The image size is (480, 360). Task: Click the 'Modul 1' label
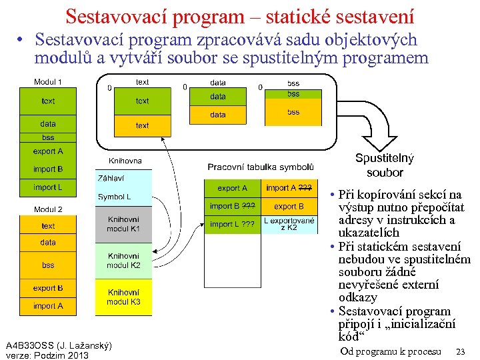[x=48, y=82]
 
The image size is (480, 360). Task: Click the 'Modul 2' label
[x=48, y=209]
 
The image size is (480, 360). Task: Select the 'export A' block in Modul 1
[x=48, y=151]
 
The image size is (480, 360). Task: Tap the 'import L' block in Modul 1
[x=48, y=187]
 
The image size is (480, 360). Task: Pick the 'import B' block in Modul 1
[x=48, y=169]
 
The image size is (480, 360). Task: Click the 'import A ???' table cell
[x=289, y=188]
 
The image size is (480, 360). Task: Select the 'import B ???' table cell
[x=232, y=206]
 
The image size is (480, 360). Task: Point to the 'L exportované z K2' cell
[x=289, y=224]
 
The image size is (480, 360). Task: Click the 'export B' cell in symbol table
[x=289, y=206]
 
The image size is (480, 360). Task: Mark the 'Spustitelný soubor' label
[x=385, y=165]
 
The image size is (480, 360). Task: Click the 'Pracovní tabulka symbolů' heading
[x=261, y=167]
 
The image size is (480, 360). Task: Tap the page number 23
[x=460, y=351]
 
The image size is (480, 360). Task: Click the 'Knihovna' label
[x=125, y=161]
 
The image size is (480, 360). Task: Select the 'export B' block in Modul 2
[x=48, y=288]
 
